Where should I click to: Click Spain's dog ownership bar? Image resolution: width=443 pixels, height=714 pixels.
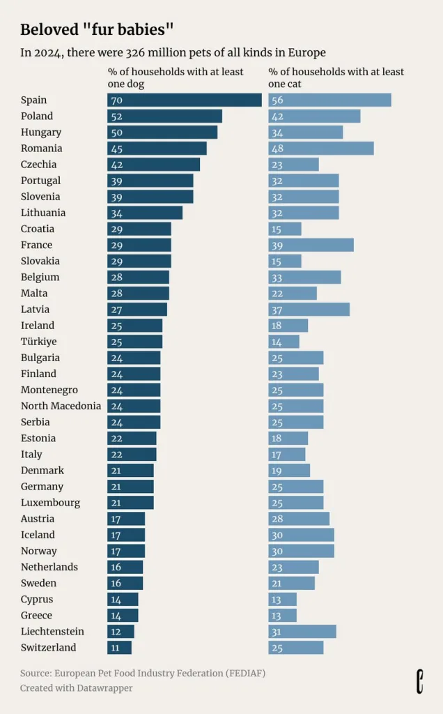click(185, 100)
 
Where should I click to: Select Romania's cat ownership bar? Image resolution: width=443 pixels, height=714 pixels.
click(321, 149)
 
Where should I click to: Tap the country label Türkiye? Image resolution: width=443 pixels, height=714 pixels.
click(39, 342)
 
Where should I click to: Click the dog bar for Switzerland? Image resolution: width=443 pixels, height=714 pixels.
click(120, 648)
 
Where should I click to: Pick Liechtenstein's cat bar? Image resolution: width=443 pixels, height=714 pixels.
click(302, 632)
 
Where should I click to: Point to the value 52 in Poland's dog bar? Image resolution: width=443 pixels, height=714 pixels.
click(117, 116)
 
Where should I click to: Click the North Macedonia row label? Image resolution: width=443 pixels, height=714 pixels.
click(61, 406)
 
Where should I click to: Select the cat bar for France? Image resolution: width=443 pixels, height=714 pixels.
click(311, 245)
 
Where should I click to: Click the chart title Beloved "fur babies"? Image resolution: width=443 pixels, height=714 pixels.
click(97, 29)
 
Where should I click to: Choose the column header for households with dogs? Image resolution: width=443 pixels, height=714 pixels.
click(176, 78)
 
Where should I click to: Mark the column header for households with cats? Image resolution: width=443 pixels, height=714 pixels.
click(336, 78)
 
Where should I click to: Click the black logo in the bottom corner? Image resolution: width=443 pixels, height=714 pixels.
click(420, 682)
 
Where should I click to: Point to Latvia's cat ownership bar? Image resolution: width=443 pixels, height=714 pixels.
click(309, 310)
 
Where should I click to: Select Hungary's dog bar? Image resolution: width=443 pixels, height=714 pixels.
click(162, 132)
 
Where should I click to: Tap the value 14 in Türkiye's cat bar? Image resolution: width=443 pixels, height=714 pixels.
click(277, 342)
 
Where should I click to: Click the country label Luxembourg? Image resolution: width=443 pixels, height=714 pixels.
click(50, 503)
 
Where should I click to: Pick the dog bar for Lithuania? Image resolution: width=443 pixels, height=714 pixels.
click(145, 213)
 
